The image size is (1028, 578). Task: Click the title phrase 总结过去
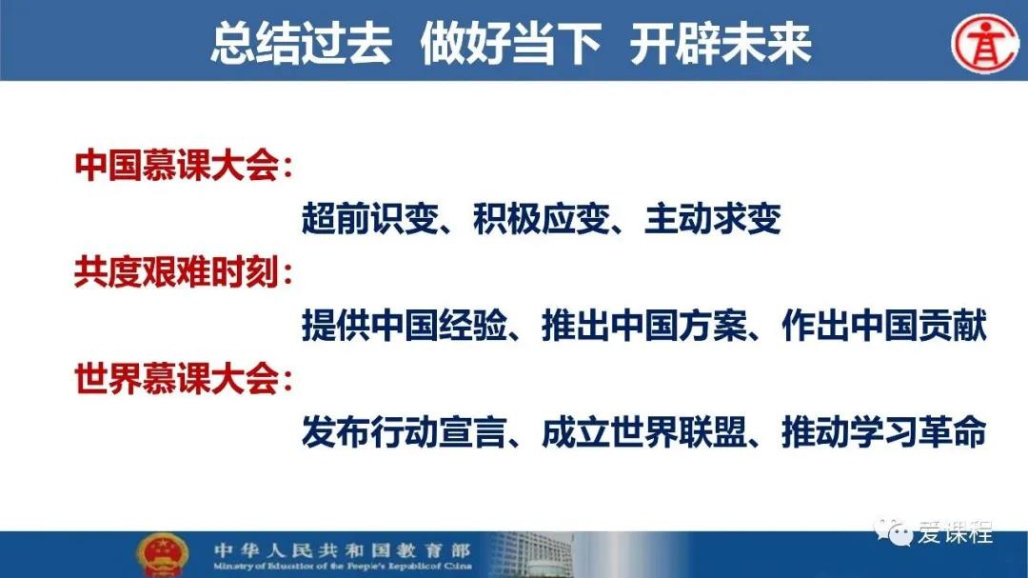pyautogui.click(x=301, y=43)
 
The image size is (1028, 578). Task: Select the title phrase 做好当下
pyautogui.click(x=511, y=43)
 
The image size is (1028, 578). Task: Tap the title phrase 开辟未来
pyautogui.click(x=721, y=43)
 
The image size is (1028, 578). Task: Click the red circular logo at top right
pyautogui.click(x=985, y=43)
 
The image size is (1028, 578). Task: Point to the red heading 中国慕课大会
pyautogui.click(x=176, y=165)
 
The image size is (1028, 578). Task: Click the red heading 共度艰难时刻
pyautogui.click(x=176, y=271)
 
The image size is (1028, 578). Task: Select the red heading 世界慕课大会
pyautogui.click(x=176, y=379)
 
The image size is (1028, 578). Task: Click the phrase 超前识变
pyautogui.click(x=369, y=218)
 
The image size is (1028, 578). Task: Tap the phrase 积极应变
pyautogui.click(x=542, y=218)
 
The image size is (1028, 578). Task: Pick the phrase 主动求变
pyautogui.click(x=713, y=218)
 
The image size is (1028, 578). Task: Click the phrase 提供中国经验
pyautogui.click(x=405, y=326)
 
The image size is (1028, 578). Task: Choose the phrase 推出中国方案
pyautogui.click(x=644, y=326)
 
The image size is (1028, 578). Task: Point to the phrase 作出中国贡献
pyautogui.click(x=884, y=326)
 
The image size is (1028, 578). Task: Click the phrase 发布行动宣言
pyautogui.click(x=405, y=431)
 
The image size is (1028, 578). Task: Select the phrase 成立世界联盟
pyautogui.click(x=644, y=431)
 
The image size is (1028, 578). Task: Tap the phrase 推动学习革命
pyautogui.click(x=884, y=431)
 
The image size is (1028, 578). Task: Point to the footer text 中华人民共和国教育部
pyautogui.click(x=343, y=549)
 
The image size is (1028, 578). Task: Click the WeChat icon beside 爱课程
pyautogui.click(x=893, y=531)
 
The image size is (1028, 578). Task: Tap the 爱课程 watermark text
pyautogui.click(x=956, y=532)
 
